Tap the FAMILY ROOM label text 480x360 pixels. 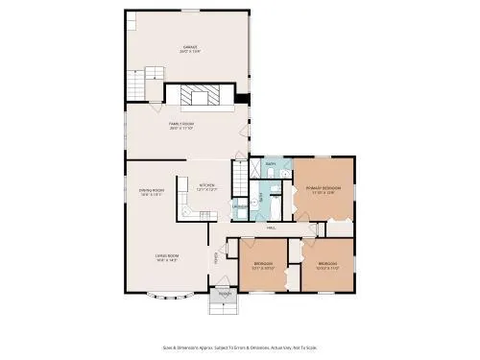182,125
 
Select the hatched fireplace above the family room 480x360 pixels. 201,96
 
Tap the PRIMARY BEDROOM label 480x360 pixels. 321,189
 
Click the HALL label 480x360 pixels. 272,228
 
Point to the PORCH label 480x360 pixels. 224,294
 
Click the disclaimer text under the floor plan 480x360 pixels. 240,348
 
